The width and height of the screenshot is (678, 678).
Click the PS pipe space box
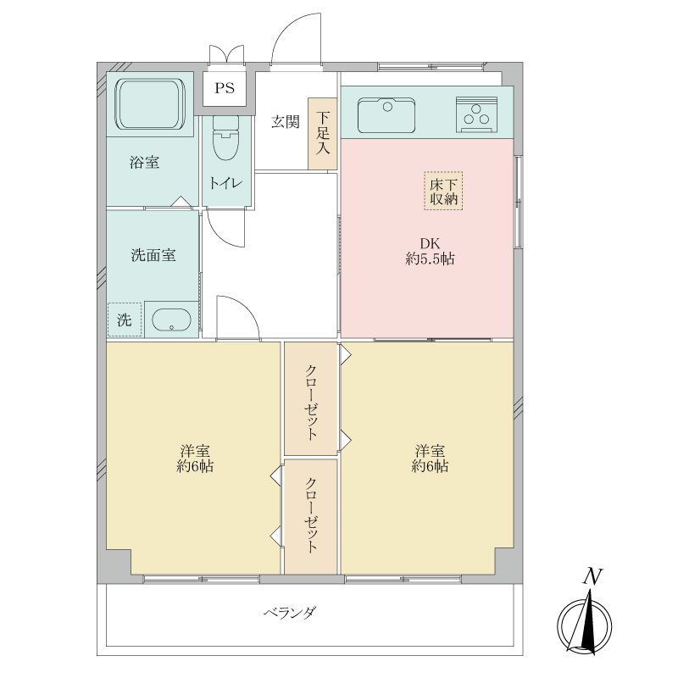[225, 87]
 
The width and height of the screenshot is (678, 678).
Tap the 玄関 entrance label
[285, 121]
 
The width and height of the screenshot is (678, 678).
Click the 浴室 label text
[145, 162]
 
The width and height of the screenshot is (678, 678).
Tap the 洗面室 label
[153, 254]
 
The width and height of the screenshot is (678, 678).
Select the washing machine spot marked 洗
[124, 320]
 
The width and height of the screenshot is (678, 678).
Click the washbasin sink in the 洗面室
[172, 320]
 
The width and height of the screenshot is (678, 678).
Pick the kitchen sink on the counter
[386, 115]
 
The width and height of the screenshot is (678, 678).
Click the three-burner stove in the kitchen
[478, 115]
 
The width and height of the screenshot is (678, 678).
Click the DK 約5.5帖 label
[430, 251]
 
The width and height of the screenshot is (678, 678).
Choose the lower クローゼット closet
[311, 515]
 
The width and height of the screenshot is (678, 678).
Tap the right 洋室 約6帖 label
[430, 458]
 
